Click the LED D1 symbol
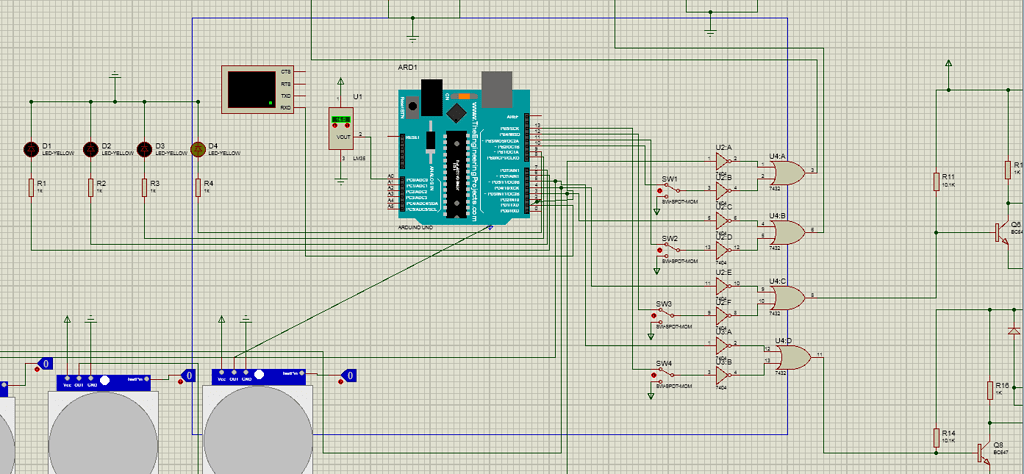pos(31,149)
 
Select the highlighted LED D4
pos(197,149)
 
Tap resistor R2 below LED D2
pos(90,187)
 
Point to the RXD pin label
pos(285,107)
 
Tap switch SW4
pos(665,373)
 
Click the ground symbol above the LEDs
pos(116,76)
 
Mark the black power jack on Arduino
pos(432,96)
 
